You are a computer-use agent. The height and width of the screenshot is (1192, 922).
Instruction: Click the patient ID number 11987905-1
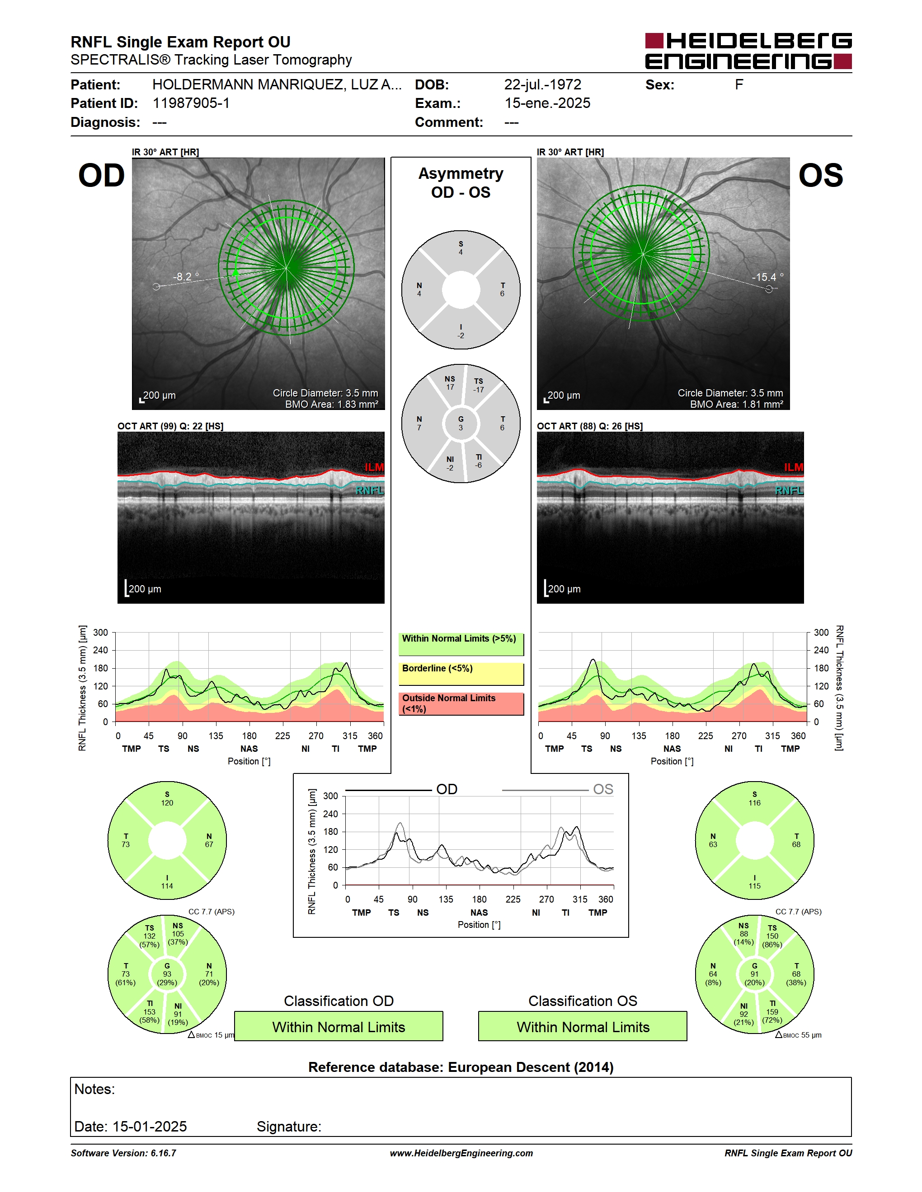pyautogui.click(x=191, y=103)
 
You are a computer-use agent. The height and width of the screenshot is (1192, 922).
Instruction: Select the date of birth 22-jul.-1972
pyautogui.click(x=542, y=84)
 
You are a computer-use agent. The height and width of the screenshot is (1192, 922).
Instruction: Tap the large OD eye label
pyautogui.click(x=102, y=176)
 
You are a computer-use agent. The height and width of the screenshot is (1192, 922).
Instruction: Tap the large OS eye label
pyautogui.click(x=820, y=176)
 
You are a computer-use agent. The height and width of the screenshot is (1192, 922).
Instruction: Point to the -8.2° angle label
pyautogui.click(x=186, y=276)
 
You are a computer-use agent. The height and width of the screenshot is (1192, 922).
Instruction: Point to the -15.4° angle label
pyautogui.click(x=768, y=277)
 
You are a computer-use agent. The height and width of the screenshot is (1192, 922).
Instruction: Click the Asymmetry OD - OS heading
pyautogui.click(x=461, y=183)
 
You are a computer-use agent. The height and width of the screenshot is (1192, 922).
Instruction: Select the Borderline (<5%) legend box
pyautogui.click(x=461, y=674)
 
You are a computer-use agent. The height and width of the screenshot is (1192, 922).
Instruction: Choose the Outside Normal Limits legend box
pyautogui.click(x=461, y=704)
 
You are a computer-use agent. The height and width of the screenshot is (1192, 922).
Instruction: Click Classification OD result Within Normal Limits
pyautogui.click(x=339, y=1027)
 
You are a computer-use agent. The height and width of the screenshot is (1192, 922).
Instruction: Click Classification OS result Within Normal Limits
pyautogui.click(x=583, y=1027)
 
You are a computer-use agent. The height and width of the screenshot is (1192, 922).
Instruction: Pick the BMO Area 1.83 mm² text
pyautogui.click(x=332, y=405)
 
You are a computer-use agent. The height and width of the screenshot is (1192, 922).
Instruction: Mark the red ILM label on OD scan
pyautogui.click(x=374, y=467)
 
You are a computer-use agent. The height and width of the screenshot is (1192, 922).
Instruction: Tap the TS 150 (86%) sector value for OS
pyautogui.click(x=772, y=936)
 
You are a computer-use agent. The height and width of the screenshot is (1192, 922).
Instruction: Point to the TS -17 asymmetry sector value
pyautogui.click(x=479, y=385)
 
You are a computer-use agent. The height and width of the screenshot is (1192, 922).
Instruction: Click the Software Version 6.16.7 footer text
pyautogui.click(x=123, y=1153)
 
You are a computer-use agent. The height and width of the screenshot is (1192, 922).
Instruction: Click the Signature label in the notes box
pyautogui.click(x=289, y=1127)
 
